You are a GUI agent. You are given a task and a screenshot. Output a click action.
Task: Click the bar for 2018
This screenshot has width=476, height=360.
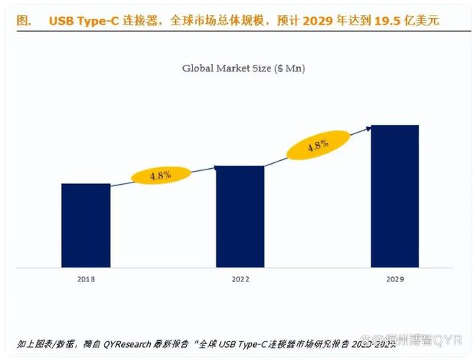tap(86, 225)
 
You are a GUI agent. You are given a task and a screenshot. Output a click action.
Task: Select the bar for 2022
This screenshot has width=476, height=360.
tap(240, 216)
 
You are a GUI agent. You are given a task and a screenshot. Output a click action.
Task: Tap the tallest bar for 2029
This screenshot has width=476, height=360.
tap(395, 196)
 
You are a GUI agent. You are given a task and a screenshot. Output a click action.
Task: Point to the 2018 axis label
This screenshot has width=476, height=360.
tap(86, 278)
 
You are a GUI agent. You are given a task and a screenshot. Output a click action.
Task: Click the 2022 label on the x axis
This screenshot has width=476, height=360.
tap(240, 278)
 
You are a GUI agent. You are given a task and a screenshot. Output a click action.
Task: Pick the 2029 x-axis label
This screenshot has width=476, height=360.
tap(395, 278)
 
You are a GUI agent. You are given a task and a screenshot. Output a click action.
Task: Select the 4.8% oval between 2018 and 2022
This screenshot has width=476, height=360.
tap(160, 175)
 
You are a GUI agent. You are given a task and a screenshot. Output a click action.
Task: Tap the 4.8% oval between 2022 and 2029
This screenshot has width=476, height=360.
tap(318, 146)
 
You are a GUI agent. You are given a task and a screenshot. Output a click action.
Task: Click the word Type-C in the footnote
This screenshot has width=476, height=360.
tap(259, 343)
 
